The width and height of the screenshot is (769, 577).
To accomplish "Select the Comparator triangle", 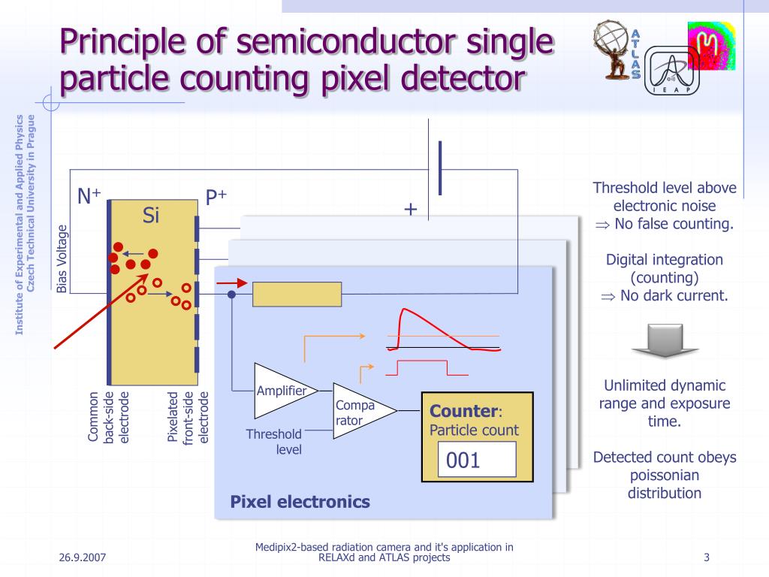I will point(360,411).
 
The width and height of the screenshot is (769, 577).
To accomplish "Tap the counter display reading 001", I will point(477,459).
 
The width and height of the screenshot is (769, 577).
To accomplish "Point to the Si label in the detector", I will point(151,216).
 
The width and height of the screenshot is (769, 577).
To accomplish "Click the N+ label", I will point(89,197).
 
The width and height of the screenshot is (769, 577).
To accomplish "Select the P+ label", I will point(216,198).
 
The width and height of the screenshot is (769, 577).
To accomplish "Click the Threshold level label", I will point(275,442).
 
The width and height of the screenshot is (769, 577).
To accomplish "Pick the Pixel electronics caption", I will point(300,502).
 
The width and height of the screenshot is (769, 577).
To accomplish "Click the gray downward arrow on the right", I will point(665,342).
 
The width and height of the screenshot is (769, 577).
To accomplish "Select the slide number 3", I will point(707,557).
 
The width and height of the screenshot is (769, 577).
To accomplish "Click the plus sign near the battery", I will point(410,210).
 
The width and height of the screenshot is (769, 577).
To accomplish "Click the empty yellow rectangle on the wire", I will point(297,295).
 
